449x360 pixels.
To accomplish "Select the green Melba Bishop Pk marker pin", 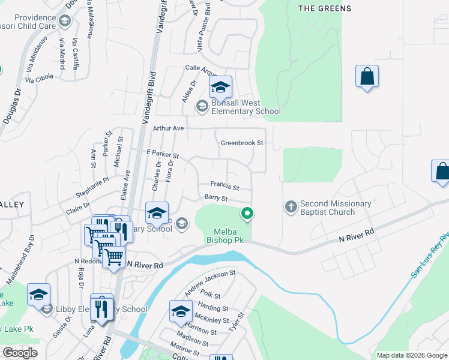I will (x=246, y=213).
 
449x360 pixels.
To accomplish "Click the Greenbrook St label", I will (x=242, y=143).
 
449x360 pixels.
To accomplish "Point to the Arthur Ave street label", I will (x=168, y=128).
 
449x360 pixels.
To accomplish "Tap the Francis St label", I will (x=224, y=186).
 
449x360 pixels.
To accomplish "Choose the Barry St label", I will (x=216, y=198).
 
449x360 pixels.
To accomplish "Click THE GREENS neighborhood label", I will (x=324, y=8).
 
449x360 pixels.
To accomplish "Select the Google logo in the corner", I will (x=20, y=353).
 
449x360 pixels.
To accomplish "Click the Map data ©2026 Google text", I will (x=411, y=355).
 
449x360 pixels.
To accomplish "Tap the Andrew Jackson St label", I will (x=211, y=283).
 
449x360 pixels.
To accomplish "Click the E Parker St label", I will (x=163, y=155).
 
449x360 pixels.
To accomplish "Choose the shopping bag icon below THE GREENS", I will (x=367, y=77).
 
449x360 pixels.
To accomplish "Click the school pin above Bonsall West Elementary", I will (x=220, y=89).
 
